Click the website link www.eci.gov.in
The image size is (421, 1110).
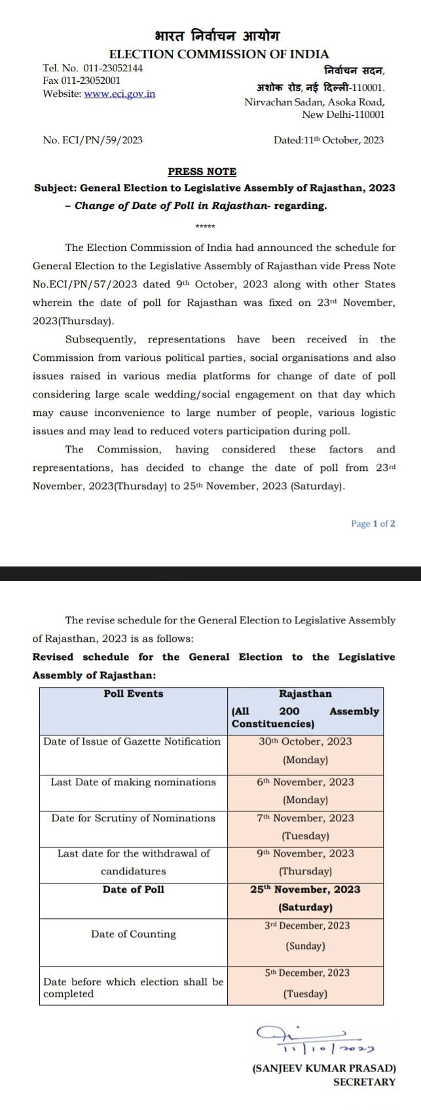[120, 94]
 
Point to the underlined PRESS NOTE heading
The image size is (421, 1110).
[202, 172]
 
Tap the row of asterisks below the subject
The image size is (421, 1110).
[205, 227]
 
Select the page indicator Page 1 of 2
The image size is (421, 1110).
[373, 523]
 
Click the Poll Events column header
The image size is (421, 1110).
[134, 694]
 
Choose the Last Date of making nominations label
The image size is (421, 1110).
[133, 782]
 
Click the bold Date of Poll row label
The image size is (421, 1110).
[134, 889]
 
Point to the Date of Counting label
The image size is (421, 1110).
[134, 934]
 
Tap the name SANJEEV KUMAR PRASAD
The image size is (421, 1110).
[324, 1068]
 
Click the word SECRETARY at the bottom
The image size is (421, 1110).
[364, 1082]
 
